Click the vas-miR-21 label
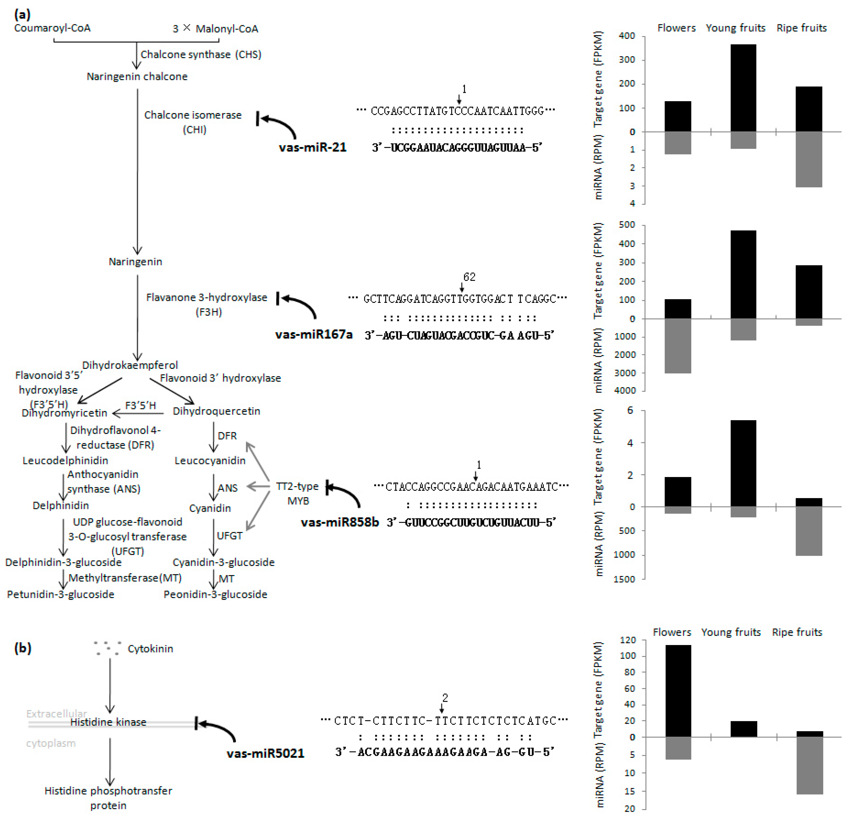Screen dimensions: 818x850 pyautogui.click(x=313, y=147)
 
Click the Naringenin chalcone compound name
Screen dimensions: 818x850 pyautogui.click(x=137, y=77)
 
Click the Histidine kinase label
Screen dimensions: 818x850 pyautogui.click(x=108, y=722)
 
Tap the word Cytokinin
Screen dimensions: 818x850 pyautogui.click(x=150, y=649)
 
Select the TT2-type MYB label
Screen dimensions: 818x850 pyautogui.click(x=298, y=493)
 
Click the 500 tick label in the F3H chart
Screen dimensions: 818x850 pyautogui.click(x=627, y=225)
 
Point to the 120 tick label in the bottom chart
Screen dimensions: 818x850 pyautogui.click(x=627, y=640)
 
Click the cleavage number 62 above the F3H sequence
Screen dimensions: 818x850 pyautogui.click(x=469, y=277)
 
